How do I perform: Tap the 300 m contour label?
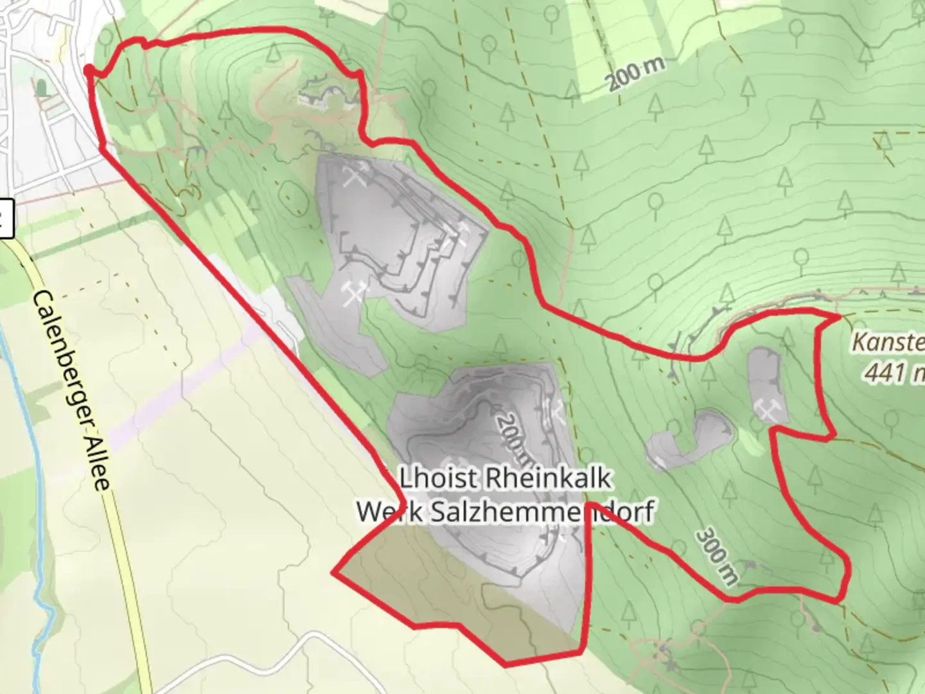tap(717, 556)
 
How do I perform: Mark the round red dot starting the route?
tap(89, 70)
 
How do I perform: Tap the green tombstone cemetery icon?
tap(42, 87)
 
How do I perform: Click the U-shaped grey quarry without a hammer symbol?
tap(691, 440)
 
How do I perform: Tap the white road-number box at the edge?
tap(5, 219)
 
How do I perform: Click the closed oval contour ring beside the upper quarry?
tap(293, 197)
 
